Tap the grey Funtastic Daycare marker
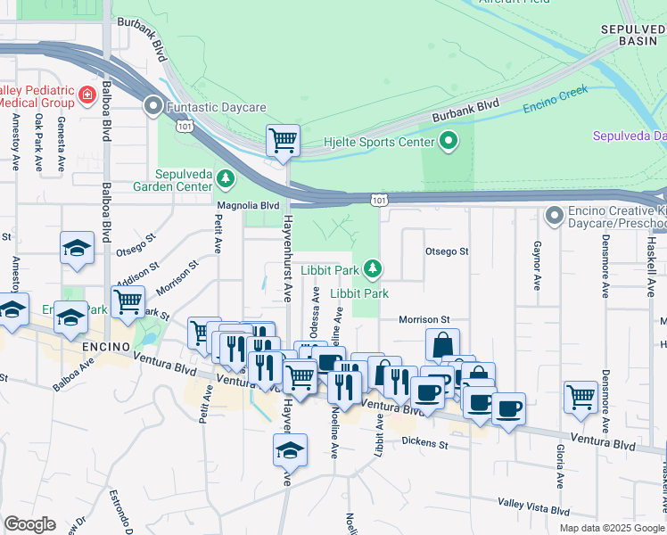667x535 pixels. [x=152, y=107]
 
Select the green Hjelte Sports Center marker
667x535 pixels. [x=448, y=141]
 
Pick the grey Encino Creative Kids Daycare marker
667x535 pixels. [x=554, y=215]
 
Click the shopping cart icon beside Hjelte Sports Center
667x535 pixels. [x=283, y=140]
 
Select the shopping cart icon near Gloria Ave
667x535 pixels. [x=581, y=395]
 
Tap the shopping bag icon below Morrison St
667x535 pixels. [x=442, y=345]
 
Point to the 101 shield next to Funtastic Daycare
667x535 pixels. [x=185, y=127]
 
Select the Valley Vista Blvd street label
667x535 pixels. [x=533, y=510]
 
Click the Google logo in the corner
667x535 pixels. [x=29, y=524]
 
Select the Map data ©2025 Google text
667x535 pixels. [x=612, y=528]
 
